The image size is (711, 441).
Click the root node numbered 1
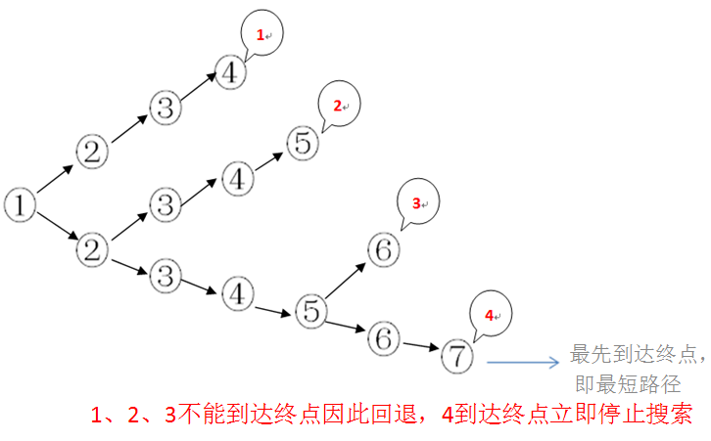(20, 205)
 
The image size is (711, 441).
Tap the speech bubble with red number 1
(261, 36)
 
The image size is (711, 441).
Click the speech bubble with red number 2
(339, 107)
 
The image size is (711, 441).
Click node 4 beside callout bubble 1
(230, 73)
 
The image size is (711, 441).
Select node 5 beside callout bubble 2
(304, 144)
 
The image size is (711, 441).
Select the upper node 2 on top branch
(91, 152)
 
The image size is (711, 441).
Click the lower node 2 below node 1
(91, 249)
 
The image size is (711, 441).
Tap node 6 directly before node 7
(383, 338)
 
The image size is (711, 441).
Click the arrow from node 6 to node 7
(420, 346)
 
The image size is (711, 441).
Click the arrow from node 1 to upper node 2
(55, 179)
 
